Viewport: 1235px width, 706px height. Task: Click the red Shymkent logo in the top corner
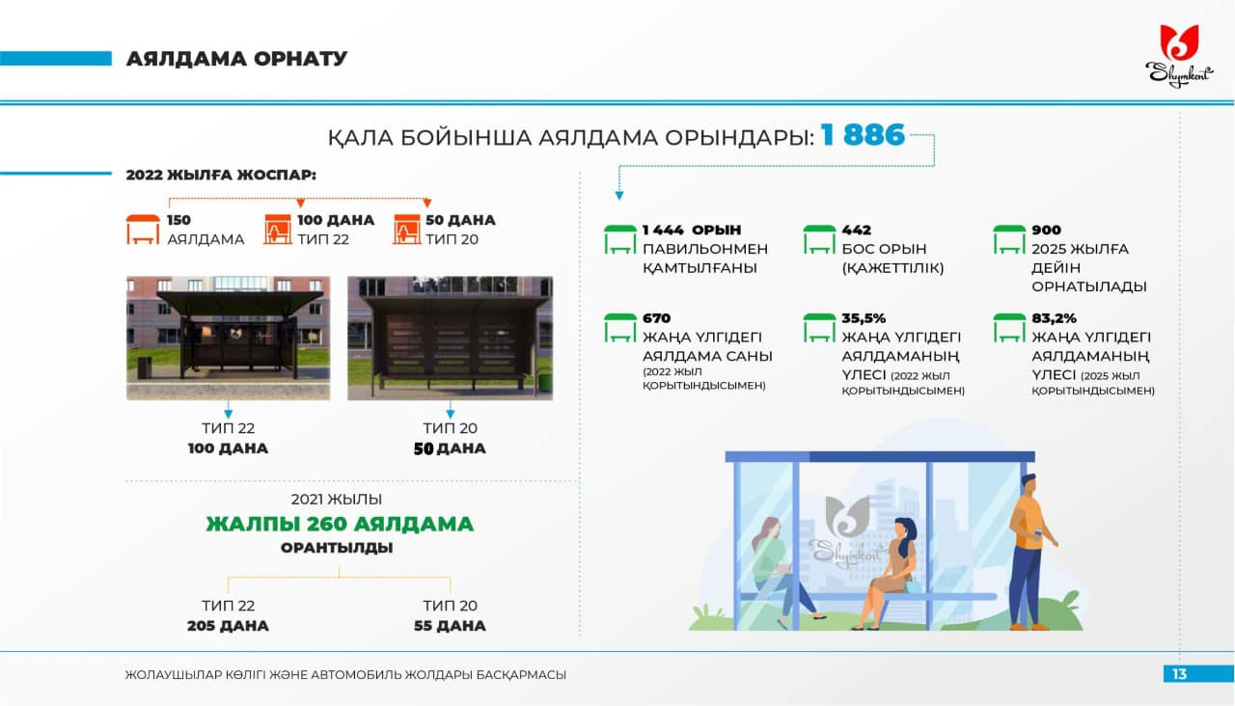point(1179,55)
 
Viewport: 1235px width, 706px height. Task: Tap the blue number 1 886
point(863,135)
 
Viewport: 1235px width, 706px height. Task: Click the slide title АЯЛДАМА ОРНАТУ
point(236,59)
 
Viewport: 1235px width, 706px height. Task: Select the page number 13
point(1179,674)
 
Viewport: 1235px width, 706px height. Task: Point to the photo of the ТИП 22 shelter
point(229,338)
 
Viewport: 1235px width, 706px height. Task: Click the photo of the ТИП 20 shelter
point(450,338)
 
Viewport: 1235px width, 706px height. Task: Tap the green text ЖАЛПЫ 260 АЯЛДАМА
point(340,524)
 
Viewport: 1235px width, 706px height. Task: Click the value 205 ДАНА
point(228,626)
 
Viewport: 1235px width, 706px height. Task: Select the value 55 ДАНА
point(450,626)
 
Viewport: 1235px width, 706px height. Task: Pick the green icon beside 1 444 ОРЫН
point(620,239)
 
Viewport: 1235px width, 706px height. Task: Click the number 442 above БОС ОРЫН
point(856,230)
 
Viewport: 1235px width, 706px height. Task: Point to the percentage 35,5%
point(864,318)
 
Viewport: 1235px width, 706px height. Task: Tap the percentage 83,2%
point(1054,318)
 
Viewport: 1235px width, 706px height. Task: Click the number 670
point(657,318)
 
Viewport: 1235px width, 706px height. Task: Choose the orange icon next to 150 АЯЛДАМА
point(143,230)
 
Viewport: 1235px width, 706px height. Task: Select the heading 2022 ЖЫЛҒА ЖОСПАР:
point(221,175)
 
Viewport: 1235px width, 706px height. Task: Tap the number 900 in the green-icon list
point(1047,230)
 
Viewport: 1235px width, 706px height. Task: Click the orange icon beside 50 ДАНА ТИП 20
point(407,230)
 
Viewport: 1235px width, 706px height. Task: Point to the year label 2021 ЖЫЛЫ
point(337,499)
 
